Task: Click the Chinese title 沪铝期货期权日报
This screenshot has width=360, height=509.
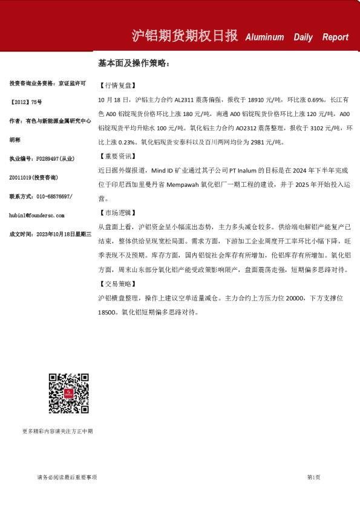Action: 185,36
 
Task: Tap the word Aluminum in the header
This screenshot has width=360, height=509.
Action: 264,37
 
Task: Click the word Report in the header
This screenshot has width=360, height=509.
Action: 335,37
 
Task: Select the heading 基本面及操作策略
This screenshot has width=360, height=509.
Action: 134,63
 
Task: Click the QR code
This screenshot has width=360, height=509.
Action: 69,394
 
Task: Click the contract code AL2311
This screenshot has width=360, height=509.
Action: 186,100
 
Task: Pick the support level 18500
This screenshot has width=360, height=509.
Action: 106,313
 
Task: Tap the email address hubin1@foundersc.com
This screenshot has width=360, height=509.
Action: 45,215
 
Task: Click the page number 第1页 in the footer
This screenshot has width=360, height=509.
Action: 313,478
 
